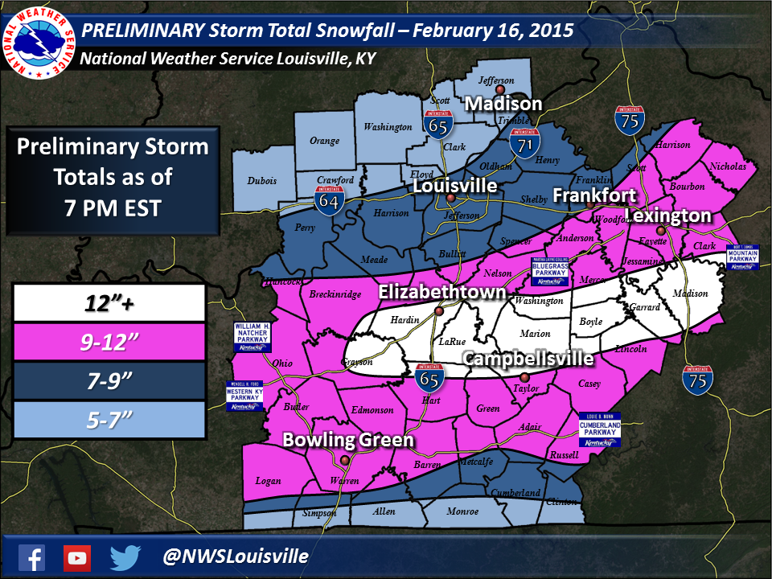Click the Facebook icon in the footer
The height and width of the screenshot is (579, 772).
[x=31, y=556]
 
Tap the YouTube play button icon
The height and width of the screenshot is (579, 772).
[x=77, y=556]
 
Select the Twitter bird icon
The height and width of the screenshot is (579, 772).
[x=125, y=556]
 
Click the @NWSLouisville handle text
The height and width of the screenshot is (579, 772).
[x=235, y=556]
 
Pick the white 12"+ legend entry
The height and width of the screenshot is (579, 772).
[x=109, y=303]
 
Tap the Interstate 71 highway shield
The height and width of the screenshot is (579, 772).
[x=525, y=143]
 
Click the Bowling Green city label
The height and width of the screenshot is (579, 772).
[x=347, y=440]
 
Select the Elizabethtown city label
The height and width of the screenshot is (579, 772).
[x=442, y=291]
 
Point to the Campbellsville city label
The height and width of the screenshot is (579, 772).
[x=528, y=359]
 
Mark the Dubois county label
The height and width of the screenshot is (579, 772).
[x=262, y=181]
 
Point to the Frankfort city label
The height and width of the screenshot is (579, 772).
[x=594, y=195]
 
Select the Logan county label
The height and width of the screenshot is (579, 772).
[x=268, y=481]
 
